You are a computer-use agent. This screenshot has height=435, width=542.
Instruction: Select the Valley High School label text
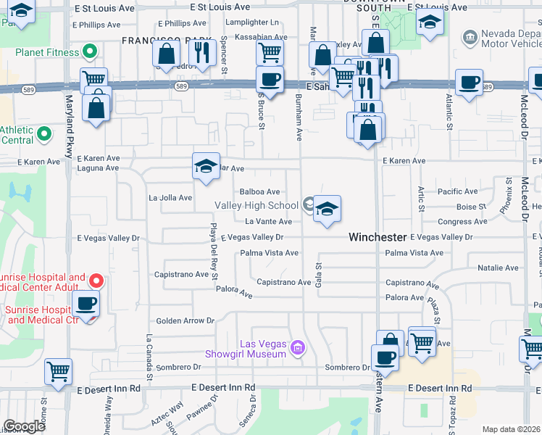click(x=257, y=206)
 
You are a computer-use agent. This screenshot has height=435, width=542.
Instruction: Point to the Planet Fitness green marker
click(x=90, y=51)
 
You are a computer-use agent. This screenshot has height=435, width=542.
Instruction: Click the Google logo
click(x=24, y=427)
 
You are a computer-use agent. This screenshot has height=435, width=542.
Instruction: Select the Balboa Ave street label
click(x=260, y=192)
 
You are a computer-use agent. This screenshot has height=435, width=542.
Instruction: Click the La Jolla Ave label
click(x=170, y=197)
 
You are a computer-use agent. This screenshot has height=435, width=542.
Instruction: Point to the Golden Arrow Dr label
click(x=186, y=320)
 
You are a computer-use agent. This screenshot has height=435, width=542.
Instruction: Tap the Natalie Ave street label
click(x=498, y=268)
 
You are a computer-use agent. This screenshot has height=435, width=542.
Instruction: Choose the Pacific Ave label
click(x=458, y=192)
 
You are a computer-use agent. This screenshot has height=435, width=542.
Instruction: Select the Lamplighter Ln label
click(x=253, y=23)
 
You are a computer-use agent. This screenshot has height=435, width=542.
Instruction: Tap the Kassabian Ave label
click(x=264, y=35)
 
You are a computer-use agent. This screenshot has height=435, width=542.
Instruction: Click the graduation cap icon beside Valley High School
click(x=327, y=210)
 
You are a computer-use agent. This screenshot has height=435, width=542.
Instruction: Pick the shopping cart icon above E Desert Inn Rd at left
click(x=59, y=372)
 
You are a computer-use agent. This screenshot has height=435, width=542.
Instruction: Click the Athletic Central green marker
click(x=43, y=133)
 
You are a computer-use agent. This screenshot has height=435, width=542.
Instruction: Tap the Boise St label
click(x=471, y=207)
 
